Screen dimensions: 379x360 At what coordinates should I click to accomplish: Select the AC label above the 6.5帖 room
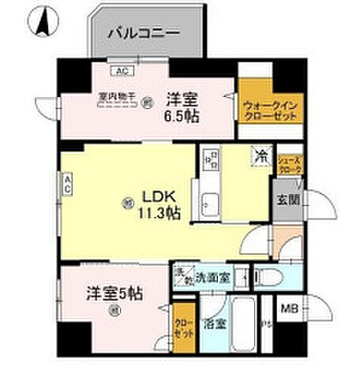click(121, 70)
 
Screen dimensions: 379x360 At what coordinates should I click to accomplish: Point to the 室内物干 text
click(116, 97)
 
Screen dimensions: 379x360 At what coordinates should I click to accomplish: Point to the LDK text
click(157, 195)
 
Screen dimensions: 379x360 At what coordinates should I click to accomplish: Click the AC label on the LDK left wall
click(69, 186)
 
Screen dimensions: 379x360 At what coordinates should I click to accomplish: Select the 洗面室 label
click(212, 277)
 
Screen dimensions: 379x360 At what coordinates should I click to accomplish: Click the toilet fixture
click(269, 277)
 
